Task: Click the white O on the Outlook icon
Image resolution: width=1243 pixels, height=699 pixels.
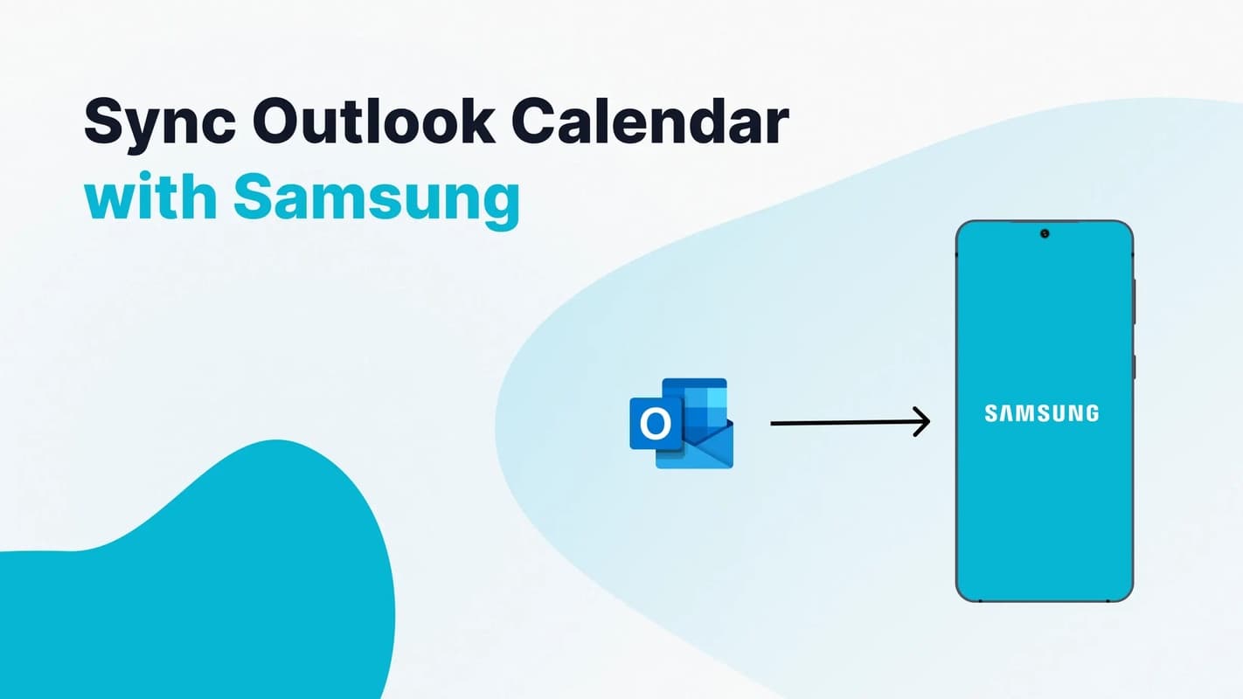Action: (654, 425)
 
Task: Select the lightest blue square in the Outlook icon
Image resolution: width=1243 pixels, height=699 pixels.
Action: (717, 398)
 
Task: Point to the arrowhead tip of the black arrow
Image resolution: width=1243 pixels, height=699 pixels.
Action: (928, 423)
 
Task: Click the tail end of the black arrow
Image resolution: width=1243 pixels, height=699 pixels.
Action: (773, 423)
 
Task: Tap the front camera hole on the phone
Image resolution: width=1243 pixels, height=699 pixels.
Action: (1045, 233)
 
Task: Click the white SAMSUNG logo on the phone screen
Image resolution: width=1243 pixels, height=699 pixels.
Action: (1041, 413)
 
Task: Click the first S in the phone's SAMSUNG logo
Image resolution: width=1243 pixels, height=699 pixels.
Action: (991, 413)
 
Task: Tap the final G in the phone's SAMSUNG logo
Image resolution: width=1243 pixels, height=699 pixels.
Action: (1091, 413)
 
